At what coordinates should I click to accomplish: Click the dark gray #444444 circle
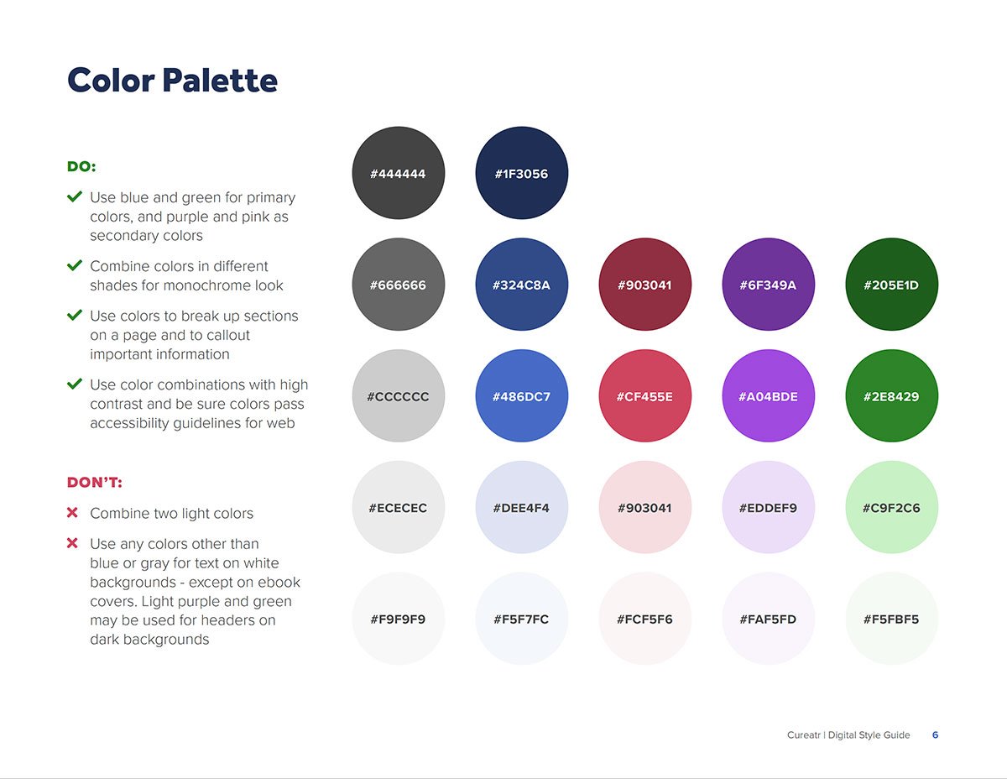pos(399,173)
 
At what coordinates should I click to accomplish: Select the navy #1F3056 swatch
pos(522,173)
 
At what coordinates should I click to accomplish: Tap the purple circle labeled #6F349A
pos(768,285)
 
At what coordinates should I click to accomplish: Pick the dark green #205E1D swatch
pos(891,285)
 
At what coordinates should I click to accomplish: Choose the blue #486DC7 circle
pos(522,396)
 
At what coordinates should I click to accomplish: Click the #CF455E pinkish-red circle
pos(644,396)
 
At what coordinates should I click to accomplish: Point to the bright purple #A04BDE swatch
pos(768,396)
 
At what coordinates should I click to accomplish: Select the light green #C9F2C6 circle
pos(891,508)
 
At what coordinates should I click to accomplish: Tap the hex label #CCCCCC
pos(399,397)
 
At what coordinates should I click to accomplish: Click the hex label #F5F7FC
pos(522,620)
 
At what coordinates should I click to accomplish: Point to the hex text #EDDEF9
pos(768,508)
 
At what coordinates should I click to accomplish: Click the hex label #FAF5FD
pos(768,620)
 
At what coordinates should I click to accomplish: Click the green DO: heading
pos(81,167)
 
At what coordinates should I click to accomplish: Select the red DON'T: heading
pos(95,483)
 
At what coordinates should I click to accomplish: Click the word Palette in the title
pos(220,81)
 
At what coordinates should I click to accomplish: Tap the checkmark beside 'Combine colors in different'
pos(74,266)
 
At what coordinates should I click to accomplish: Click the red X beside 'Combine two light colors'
pos(72,513)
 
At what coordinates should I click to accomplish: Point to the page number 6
pos(935,735)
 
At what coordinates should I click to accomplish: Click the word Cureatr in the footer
pos(804,735)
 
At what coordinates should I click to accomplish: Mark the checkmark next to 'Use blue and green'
pos(74,197)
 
